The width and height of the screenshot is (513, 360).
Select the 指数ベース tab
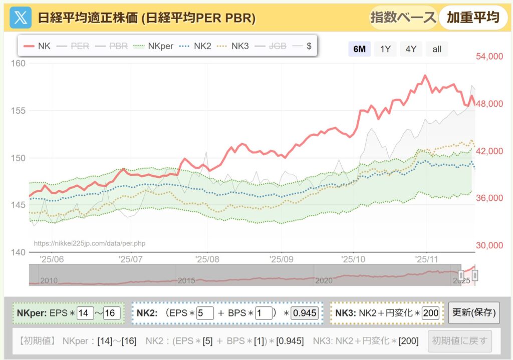403,18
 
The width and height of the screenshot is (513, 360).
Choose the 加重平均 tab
473,18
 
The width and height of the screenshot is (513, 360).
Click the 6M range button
359,49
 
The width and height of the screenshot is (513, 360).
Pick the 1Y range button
385,49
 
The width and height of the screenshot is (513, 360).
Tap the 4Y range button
411,49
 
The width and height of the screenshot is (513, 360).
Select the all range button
437,49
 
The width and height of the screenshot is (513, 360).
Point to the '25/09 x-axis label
281,259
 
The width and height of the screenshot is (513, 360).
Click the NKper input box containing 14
86,313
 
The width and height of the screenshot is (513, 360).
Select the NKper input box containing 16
112,313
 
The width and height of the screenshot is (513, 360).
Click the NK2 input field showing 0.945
304,313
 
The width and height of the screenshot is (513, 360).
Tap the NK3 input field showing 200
431,313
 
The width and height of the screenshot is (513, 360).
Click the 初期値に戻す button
460,341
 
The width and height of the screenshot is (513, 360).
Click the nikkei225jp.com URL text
90,243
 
